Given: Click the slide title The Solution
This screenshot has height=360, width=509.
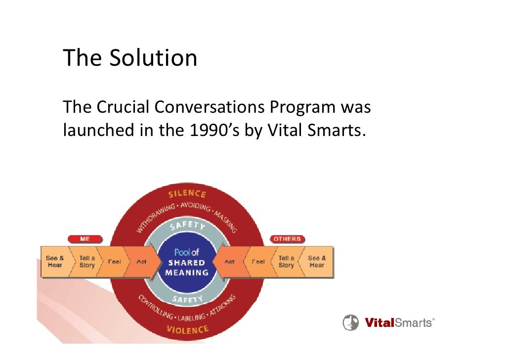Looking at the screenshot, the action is click(130, 57).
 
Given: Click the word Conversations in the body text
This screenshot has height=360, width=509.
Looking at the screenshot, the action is click(210, 107).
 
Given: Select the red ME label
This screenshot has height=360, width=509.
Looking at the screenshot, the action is click(85, 239).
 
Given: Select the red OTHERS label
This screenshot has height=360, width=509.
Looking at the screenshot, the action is click(287, 239).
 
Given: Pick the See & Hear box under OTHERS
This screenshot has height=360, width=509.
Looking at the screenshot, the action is click(317, 262).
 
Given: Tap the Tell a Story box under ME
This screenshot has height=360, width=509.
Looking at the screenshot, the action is click(86, 262).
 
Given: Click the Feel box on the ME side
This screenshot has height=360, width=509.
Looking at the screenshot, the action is click(114, 262).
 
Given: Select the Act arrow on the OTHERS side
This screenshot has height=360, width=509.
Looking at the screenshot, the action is click(230, 262).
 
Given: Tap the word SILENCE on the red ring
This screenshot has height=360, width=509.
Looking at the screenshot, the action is click(187, 194).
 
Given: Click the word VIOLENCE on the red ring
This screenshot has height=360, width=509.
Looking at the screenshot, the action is click(187, 329).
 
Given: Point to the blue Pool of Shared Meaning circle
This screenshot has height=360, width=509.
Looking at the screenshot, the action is click(187, 262).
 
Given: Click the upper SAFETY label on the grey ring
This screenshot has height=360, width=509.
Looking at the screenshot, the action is click(188, 225).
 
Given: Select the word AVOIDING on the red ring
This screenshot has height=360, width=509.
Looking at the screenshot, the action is click(196, 206).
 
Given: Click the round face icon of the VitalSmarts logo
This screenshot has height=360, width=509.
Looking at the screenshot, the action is click(350, 322).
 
